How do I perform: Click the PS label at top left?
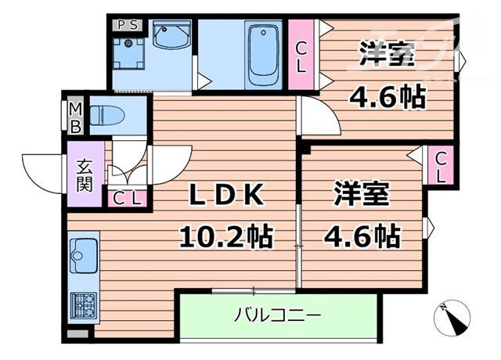coord(127,24)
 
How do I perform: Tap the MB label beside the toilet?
coord(77,117)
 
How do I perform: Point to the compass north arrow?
coord(453,315)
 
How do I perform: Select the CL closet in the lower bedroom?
coord(440,166)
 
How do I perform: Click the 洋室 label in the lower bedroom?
coord(362,195)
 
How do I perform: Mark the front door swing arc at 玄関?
coord(44,174)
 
